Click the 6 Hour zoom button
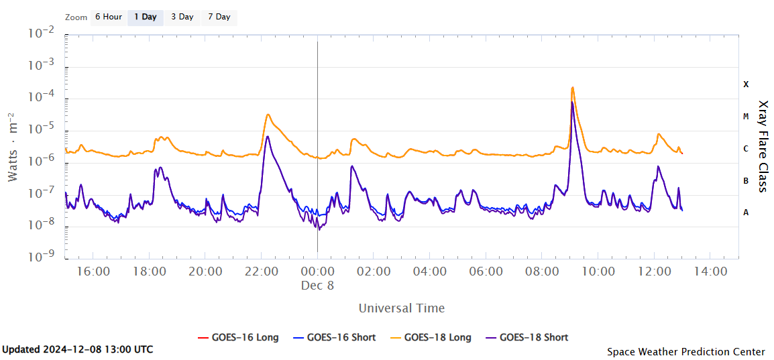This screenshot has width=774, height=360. [x=108, y=17]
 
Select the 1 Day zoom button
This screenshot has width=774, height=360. [x=145, y=17]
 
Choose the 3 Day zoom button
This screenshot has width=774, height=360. [x=182, y=17]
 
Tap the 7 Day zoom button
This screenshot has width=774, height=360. [x=219, y=17]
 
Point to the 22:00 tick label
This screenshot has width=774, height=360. [x=262, y=272]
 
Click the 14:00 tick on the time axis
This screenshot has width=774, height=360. [x=710, y=272]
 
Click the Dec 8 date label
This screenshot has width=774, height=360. [x=318, y=285]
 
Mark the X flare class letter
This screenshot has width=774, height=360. [x=746, y=84]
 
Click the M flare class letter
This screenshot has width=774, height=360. [x=746, y=117]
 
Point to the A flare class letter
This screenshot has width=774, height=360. [x=746, y=213]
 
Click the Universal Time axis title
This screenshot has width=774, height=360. [x=401, y=308]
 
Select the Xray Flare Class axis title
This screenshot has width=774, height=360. [x=763, y=146]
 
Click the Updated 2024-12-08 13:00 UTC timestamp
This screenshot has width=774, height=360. [x=78, y=349]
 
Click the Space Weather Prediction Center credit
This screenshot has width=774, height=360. [x=685, y=351]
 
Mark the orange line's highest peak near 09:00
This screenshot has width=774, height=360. [x=572, y=87]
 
